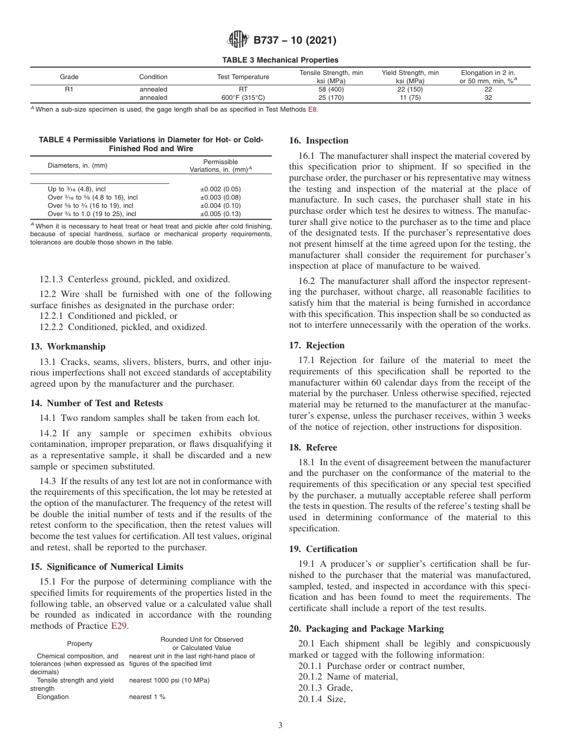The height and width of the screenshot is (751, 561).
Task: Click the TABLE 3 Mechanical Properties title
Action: coord(280,60)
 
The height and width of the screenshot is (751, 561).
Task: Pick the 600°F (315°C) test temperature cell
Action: coord(243,97)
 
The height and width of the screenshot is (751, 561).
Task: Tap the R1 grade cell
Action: coord(69,89)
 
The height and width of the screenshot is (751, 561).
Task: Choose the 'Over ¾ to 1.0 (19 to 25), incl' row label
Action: coord(92,214)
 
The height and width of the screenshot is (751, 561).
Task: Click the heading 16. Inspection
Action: coord(318,141)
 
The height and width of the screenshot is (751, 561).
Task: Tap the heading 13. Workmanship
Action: coord(67,346)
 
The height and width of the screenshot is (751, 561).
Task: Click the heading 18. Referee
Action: coord(313,447)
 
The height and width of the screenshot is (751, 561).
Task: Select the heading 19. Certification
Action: coord(323,549)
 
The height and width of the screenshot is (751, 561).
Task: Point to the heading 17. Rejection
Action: coord(317,345)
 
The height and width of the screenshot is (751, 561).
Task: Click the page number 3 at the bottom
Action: coord(280,726)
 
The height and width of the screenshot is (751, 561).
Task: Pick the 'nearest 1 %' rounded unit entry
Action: coord(147,697)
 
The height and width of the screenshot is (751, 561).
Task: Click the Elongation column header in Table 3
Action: coord(488,76)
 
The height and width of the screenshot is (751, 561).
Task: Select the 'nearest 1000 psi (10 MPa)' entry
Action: coord(169,680)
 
